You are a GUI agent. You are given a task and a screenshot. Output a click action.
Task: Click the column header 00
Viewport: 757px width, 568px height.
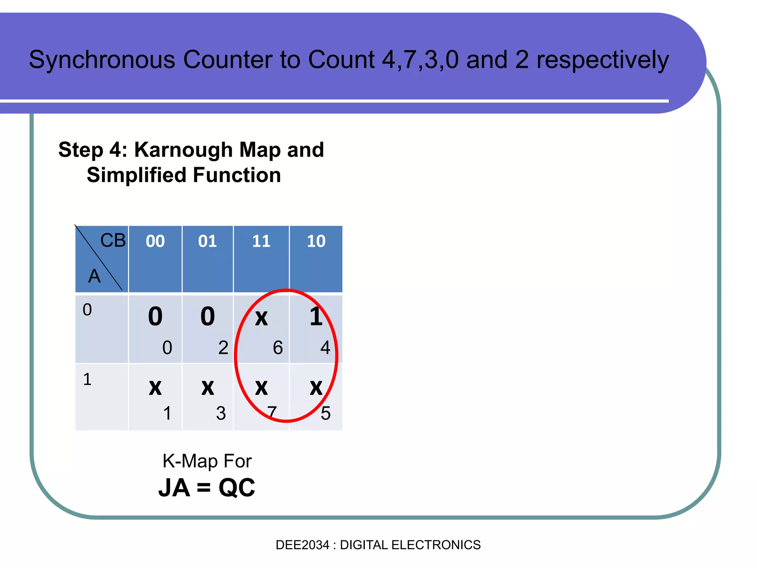[155, 241]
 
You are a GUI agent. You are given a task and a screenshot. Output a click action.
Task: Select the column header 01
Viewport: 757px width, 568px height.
[207, 241]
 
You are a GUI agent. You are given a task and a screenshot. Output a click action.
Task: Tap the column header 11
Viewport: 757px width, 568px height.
[261, 241]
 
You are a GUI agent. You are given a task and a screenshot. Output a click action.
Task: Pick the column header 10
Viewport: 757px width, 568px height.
[316, 241]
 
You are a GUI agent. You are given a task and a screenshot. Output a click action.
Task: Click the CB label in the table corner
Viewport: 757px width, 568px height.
[113, 241]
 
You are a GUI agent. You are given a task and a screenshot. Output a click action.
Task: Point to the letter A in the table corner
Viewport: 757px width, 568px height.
[94, 276]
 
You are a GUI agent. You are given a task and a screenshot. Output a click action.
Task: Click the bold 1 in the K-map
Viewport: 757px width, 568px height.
[316, 317]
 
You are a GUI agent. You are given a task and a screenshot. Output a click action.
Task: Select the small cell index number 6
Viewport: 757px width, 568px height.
[278, 348]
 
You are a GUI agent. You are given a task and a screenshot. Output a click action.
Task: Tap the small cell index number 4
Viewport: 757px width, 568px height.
[325, 348]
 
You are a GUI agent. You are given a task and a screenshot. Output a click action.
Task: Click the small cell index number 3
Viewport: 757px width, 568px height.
[221, 413]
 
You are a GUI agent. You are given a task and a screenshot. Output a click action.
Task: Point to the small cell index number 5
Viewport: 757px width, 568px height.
[326, 413]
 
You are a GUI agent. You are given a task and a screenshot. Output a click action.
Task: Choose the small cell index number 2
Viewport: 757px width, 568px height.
[223, 348]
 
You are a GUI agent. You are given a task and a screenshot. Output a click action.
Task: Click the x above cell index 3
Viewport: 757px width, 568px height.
[208, 388]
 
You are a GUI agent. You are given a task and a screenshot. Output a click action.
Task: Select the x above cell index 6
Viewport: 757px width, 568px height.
[261, 318]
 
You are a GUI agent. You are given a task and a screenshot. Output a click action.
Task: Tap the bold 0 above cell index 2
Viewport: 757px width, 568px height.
[208, 317]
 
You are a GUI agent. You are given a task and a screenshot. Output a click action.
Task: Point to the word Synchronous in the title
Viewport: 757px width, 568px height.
[102, 60]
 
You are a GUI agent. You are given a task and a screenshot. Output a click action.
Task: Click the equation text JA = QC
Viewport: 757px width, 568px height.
[207, 488]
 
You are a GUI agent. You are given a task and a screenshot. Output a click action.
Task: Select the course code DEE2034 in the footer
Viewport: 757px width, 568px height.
[302, 545]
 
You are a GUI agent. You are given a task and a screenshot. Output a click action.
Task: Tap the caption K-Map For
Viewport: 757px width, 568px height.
[207, 461]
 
